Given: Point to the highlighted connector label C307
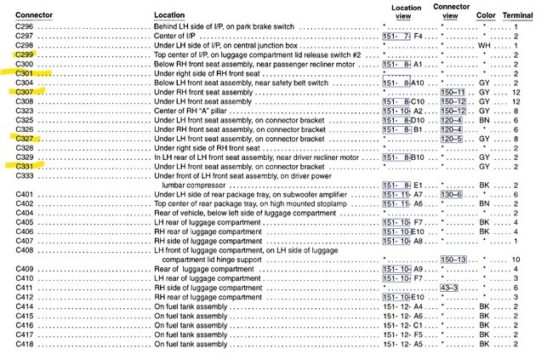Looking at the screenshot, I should pyautogui.click(x=25, y=92).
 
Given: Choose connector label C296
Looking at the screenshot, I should pyautogui.click(x=25, y=27).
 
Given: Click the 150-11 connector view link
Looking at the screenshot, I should pyautogui.click(x=452, y=92).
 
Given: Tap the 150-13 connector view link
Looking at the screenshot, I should pyautogui.click(x=452, y=259).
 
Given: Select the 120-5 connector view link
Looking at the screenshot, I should pyautogui.click(x=452, y=139).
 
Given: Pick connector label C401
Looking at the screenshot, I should pyautogui.click(x=25, y=194).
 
